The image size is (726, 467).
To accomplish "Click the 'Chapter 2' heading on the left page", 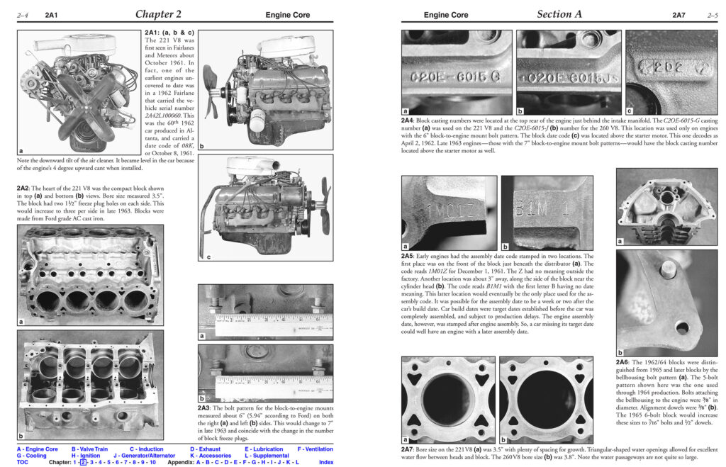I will point(158,14).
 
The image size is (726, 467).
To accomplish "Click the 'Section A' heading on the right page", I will point(564,14).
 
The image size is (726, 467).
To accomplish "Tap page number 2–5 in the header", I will point(712,15).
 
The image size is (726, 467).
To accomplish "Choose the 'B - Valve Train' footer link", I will point(89,449).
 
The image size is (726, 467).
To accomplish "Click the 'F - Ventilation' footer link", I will point(315,449).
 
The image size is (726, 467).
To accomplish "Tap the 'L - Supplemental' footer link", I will point(267,456).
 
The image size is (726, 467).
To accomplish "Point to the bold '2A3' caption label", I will point(207,408).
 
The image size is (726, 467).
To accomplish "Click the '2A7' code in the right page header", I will point(679,15).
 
